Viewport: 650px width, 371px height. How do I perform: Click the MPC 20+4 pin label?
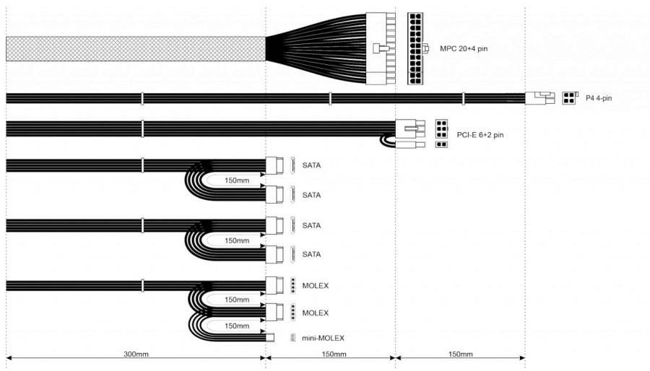click(x=464, y=49)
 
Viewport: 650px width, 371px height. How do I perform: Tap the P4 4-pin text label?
click(x=599, y=98)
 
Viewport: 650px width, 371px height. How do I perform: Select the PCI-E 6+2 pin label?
click(x=480, y=135)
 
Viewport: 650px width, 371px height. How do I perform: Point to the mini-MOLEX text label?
click(x=323, y=339)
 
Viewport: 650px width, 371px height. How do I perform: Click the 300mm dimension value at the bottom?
click(x=136, y=354)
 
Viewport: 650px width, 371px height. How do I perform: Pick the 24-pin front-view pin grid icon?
click(x=415, y=48)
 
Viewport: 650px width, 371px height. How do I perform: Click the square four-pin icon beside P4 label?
click(x=569, y=98)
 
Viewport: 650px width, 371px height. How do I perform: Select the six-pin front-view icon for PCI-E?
click(x=441, y=128)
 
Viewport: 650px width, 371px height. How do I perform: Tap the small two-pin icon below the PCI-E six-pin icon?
click(x=441, y=144)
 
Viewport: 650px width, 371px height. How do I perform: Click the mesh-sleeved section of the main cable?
click(x=136, y=49)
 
